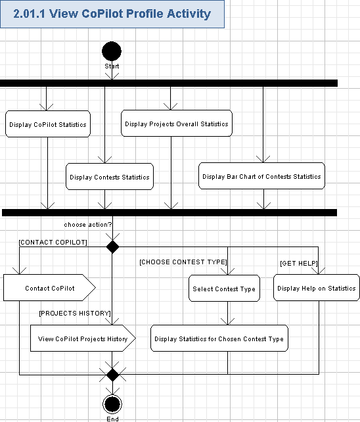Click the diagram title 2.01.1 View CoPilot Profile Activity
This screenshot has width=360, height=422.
[x=112, y=14]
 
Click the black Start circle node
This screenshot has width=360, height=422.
[x=112, y=51]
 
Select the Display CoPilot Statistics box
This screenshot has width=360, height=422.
[x=47, y=124]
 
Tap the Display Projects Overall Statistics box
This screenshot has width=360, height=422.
[x=177, y=124]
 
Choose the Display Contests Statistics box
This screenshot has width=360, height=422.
[x=110, y=177]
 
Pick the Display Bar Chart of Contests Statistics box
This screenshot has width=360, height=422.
[x=261, y=176]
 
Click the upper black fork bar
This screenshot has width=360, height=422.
[x=169, y=83]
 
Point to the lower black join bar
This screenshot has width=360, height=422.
[x=169, y=212]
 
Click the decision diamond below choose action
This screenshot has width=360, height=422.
[x=113, y=247]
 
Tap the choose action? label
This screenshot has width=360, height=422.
[x=88, y=225]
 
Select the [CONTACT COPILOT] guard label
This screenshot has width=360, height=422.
[x=53, y=242]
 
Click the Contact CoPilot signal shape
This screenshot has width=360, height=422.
[x=50, y=288]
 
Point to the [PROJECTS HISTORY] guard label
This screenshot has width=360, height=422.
[x=74, y=313]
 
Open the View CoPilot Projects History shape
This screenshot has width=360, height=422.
[x=82, y=339]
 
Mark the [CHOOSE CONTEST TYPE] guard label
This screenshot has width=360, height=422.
[x=183, y=262]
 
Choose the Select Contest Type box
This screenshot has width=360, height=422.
[x=224, y=289]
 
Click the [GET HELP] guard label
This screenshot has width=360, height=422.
[x=299, y=263]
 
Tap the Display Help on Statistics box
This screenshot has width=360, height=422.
[x=316, y=288]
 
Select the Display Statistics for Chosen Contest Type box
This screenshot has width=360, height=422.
[x=219, y=339]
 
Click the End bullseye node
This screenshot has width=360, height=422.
[x=112, y=404]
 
